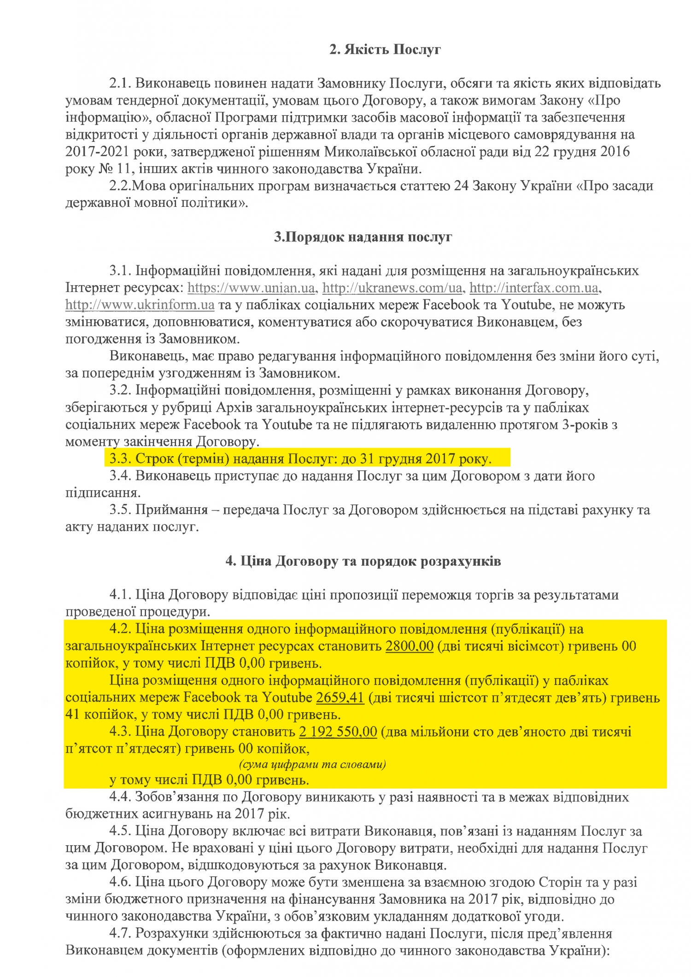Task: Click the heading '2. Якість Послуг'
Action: pos(385,50)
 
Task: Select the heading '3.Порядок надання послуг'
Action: pos(363,237)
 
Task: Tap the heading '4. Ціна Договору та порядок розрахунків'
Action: pos(363,562)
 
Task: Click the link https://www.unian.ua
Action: pos(251,288)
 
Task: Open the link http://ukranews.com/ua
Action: pos(392,288)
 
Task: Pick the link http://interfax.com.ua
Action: pos(534,288)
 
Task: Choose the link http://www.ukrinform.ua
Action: pos(140,305)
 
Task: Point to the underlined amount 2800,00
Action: pos(410,646)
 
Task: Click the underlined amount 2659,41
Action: pos(340,697)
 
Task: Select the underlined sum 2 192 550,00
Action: pos(338,731)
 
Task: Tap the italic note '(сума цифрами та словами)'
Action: pos(312,765)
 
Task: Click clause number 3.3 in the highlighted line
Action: pos(120,459)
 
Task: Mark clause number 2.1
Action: pos(121,83)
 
